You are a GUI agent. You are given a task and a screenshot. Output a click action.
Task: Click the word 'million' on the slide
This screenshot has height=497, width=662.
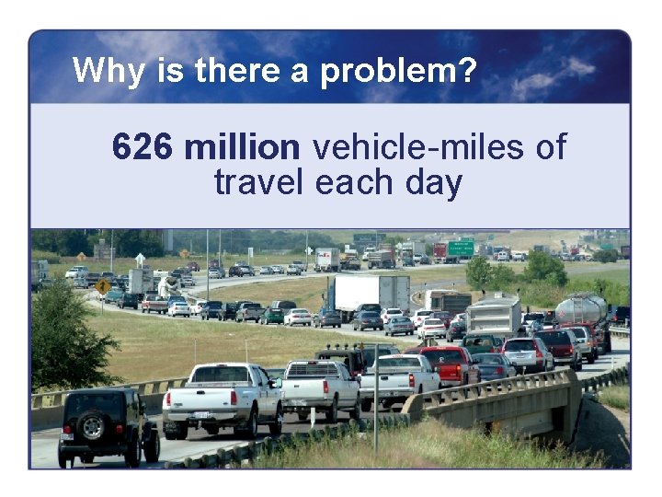(x=242, y=147)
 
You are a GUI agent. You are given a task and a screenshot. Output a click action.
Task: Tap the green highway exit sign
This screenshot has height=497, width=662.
(x=461, y=247)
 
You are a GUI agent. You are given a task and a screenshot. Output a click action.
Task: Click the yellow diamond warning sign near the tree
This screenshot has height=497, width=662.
(x=103, y=286)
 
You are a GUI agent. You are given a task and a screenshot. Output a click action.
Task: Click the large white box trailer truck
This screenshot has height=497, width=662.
(x=371, y=293)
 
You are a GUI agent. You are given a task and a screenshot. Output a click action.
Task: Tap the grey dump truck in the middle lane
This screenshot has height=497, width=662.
(x=494, y=317)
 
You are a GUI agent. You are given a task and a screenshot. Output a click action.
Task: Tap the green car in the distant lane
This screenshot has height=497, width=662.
(x=272, y=316)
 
